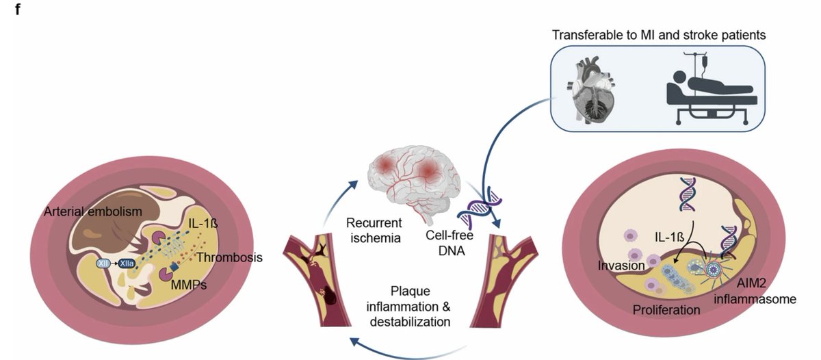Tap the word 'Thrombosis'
[229, 258]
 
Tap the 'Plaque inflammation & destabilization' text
[417, 305]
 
